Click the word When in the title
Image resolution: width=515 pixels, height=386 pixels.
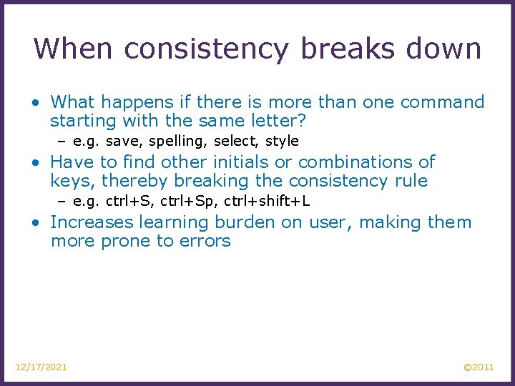pyautogui.click(x=74, y=49)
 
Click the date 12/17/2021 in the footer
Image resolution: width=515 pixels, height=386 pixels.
pyautogui.click(x=41, y=367)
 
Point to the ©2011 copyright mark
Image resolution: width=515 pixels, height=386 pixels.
pyautogui.click(x=479, y=367)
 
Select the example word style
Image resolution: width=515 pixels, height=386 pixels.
pyautogui.click(x=282, y=141)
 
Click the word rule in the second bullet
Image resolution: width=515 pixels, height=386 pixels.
pyautogui.click(x=411, y=181)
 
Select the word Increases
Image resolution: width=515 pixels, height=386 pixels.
pyautogui.click(x=92, y=222)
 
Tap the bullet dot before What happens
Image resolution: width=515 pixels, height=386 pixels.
pyautogui.click(x=35, y=103)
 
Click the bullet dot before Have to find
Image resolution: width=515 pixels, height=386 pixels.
pyautogui.click(x=35, y=163)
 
